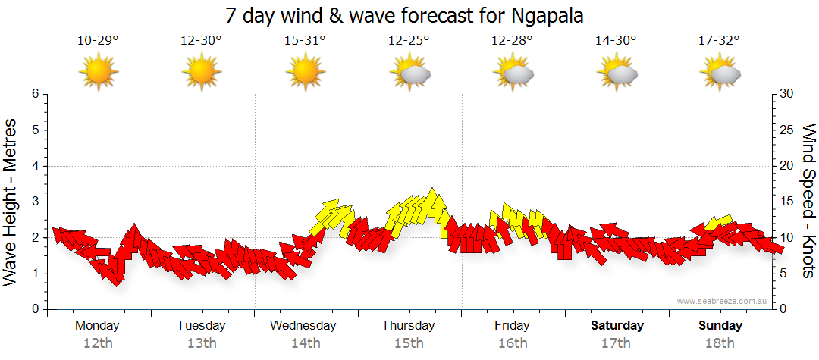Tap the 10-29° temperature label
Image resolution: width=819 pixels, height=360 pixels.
[98, 40]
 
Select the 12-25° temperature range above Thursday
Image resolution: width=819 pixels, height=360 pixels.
[409, 40]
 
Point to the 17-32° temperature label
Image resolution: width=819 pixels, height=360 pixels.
[719, 40]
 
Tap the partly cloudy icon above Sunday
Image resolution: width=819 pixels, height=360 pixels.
[720, 74]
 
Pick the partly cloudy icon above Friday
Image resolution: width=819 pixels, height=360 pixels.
[513, 74]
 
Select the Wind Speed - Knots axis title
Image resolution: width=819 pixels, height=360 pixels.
[808, 202]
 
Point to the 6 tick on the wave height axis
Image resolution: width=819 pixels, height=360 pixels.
[35, 94]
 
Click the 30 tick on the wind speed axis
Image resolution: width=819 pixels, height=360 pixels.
[787, 94]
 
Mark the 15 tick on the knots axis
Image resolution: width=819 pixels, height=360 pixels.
[787, 202]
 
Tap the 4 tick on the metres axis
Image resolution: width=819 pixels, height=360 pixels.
[35, 166]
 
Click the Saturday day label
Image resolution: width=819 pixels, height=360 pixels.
[617, 326]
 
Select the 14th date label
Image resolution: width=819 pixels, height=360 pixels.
[305, 343]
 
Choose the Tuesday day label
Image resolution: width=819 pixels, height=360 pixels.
[201, 326]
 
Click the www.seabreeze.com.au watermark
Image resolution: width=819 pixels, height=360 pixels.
[723, 301]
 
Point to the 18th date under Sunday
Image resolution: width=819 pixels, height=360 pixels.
[720, 343]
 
